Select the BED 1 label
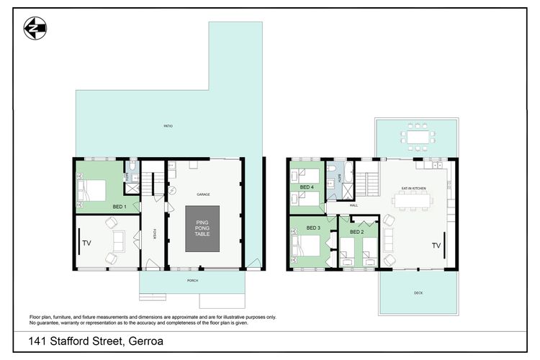(x=120, y=207)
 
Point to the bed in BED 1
(x=91, y=190)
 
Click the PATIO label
(x=168, y=127)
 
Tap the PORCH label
(x=192, y=280)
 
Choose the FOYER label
(x=153, y=234)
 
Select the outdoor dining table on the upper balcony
(x=417, y=136)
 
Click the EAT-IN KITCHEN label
(x=414, y=188)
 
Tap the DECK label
(x=418, y=293)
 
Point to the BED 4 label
(x=307, y=187)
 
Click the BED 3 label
(x=313, y=228)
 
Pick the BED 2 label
(x=356, y=232)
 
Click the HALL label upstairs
(x=354, y=205)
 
